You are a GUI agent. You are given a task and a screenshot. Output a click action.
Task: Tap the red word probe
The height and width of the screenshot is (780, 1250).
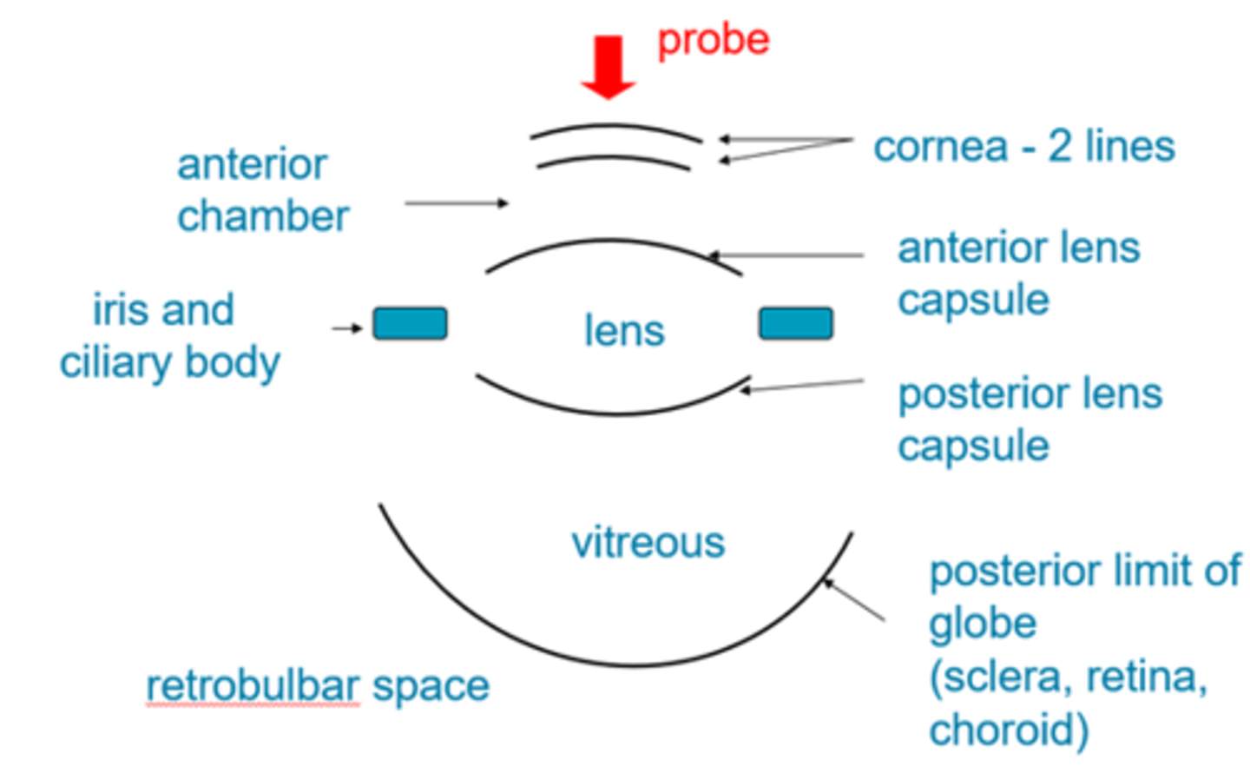(713, 40)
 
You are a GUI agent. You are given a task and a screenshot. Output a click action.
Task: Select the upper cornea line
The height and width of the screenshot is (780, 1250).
(615, 127)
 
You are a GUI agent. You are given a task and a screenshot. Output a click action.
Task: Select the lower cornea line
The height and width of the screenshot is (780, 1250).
(614, 158)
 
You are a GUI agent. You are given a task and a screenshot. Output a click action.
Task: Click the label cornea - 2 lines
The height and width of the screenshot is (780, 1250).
(1023, 147)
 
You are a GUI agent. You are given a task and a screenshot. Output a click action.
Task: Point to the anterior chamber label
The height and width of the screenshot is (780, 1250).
(261, 190)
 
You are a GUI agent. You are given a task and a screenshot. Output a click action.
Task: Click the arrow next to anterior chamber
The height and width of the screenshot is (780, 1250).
(457, 203)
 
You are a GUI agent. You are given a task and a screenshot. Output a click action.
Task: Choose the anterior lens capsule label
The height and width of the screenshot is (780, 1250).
(1017, 274)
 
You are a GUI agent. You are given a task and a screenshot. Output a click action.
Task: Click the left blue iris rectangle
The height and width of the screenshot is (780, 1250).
(410, 323)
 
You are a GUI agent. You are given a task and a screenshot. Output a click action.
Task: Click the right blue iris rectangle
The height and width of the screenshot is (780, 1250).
(796, 323)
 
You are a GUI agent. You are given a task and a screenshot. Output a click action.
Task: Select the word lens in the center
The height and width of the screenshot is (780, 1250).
(624, 331)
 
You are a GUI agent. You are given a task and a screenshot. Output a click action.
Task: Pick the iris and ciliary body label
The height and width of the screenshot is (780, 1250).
(169, 336)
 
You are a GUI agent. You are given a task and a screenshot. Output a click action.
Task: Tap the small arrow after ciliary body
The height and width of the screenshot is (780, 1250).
(346, 328)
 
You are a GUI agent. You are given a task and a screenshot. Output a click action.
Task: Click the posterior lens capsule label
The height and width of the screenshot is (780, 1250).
(1029, 420)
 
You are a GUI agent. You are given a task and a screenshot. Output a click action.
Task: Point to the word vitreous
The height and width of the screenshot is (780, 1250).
(648, 543)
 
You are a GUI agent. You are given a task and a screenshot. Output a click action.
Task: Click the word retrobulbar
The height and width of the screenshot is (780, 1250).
(252, 686)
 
